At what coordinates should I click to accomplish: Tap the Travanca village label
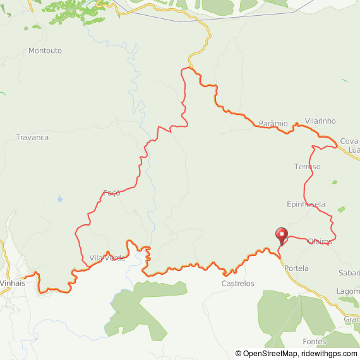click(x=32, y=137)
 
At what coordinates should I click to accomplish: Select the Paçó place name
click(x=111, y=193)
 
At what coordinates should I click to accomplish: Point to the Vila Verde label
click(x=107, y=258)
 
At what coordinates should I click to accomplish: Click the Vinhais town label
click(x=13, y=283)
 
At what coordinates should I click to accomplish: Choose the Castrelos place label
click(x=237, y=284)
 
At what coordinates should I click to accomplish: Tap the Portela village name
click(x=297, y=268)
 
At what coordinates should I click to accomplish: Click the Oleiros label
click(x=319, y=241)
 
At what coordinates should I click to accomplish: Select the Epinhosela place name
click(x=306, y=204)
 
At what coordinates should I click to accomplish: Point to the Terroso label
click(x=308, y=167)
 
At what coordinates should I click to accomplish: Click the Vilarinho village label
click(x=320, y=121)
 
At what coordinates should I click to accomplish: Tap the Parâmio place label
click(x=273, y=123)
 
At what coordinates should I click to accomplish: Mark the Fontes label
click(x=314, y=342)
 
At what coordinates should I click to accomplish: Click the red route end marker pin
click(x=282, y=234)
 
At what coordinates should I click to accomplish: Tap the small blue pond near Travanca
click(x=59, y=200)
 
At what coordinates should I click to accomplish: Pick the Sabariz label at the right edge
click(x=349, y=273)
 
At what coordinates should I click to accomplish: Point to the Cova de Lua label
click(x=349, y=145)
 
